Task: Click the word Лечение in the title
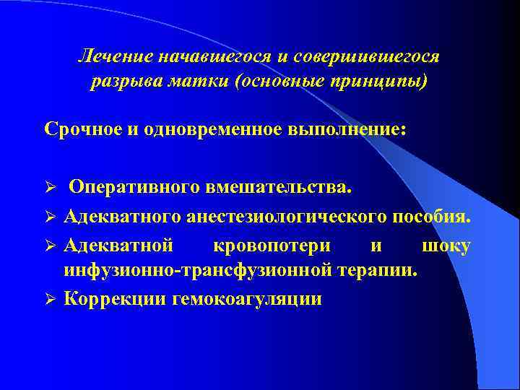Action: click(112, 56)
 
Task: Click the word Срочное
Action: click(84, 130)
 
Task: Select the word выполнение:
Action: click(346, 130)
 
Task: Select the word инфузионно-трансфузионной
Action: click(196, 270)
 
